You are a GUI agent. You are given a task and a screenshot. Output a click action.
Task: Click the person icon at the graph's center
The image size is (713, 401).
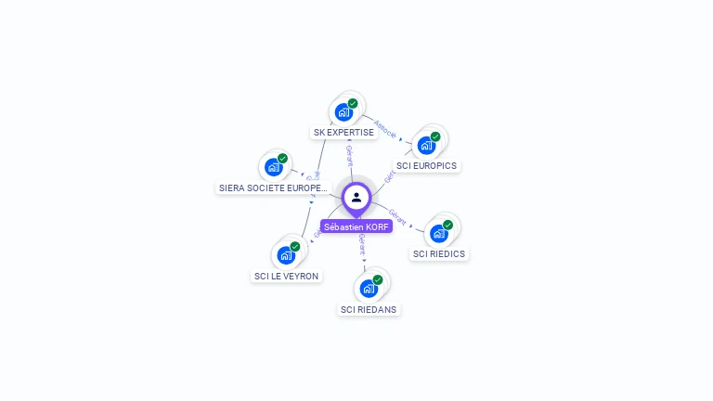(356, 197)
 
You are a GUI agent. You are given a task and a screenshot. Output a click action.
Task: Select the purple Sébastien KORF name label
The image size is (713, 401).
(356, 226)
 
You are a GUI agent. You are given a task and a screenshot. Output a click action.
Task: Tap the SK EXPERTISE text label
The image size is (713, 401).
(344, 132)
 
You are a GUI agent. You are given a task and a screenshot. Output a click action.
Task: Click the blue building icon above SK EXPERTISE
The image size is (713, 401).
(344, 112)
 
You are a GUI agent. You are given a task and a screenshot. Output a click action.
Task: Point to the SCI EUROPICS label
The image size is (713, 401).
(426, 165)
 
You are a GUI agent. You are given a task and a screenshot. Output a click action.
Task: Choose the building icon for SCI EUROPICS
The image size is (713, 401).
(426, 145)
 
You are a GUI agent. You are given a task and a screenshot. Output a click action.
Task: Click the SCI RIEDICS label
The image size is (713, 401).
(439, 253)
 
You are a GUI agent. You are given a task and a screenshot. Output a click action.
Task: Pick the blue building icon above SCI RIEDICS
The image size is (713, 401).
(438, 233)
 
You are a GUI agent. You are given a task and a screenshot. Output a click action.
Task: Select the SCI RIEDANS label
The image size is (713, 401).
(369, 309)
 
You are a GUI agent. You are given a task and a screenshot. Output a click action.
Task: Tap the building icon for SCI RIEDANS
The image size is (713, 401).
(369, 288)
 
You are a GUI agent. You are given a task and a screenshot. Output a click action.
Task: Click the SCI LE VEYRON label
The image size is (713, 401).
(286, 276)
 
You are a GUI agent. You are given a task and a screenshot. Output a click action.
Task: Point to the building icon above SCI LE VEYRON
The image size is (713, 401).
(286, 254)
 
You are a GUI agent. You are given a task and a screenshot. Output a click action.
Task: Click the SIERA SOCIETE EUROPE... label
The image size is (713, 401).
(273, 188)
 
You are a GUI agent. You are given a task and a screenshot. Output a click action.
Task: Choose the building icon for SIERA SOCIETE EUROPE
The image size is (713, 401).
(273, 167)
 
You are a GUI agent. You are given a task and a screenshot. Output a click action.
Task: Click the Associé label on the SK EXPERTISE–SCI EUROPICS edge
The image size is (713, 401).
(385, 129)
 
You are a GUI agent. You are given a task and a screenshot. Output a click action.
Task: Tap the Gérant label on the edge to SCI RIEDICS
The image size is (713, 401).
(397, 217)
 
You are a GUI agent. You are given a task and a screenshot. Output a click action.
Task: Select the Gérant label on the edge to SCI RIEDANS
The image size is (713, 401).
(361, 245)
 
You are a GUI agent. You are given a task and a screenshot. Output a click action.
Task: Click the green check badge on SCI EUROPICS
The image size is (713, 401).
(435, 136)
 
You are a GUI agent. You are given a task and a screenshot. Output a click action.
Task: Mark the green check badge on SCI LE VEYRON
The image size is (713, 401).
(295, 246)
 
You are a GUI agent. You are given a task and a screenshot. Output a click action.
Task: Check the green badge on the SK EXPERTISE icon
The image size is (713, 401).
(353, 103)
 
